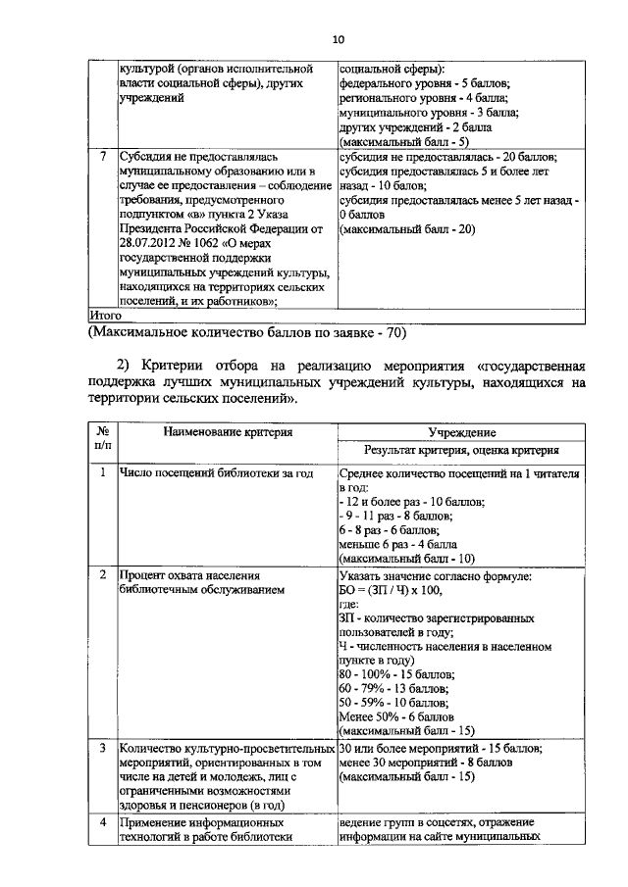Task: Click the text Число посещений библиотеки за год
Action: (x=215, y=473)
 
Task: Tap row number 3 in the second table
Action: (x=103, y=748)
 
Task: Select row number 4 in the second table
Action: (x=103, y=821)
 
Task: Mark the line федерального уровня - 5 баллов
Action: (x=421, y=85)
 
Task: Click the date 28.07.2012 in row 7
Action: (x=152, y=231)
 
